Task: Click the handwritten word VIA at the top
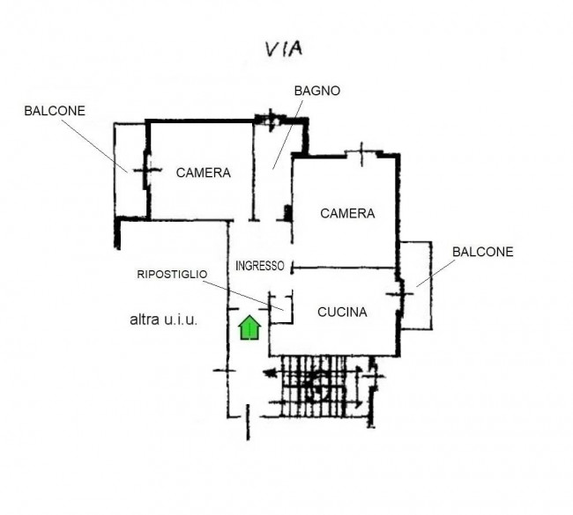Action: [x=284, y=49]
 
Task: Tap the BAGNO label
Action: [x=316, y=91]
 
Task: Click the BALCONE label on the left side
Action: [x=55, y=111]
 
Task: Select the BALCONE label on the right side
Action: [x=483, y=252]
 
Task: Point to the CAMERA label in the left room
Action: [x=203, y=173]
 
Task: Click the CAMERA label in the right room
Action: [x=347, y=214]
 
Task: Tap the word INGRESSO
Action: [x=260, y=266]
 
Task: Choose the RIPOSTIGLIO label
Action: [x=172, y=274]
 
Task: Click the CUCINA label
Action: [x=342, y=312]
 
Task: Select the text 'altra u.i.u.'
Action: [x=163, y=320]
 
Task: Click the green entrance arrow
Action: [x=249, y=327]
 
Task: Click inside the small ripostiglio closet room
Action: [x=280, y=309]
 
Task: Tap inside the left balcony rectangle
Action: [x=130, y=171]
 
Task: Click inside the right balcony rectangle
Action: [x=416, y=285]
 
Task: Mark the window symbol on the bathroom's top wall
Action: [x=271, y=119]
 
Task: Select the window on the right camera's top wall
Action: [x=361, y=154]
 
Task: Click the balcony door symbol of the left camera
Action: [x=147, y=170]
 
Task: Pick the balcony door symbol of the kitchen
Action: [x=400, y=293]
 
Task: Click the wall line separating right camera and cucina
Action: [x=344, y=269]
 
